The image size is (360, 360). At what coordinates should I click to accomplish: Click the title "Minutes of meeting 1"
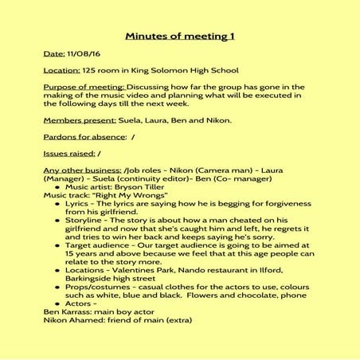[x=179, y=37]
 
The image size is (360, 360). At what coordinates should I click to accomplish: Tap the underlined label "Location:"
[x=63, y=70]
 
